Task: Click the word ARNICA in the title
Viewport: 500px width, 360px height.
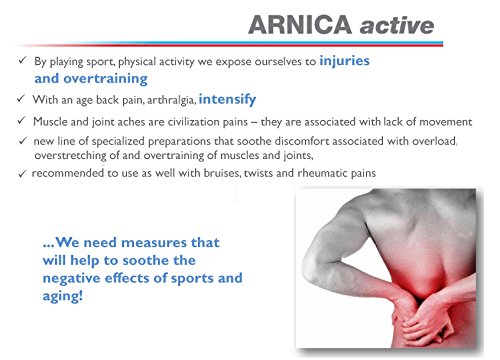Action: [300, 25]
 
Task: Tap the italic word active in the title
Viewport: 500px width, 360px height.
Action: [397, 26]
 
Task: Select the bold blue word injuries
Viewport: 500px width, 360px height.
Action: [344, 61]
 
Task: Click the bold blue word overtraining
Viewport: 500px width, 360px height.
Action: [105, 79]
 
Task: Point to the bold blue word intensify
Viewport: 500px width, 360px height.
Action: [227, 99]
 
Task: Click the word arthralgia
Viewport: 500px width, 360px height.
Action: [171, 100]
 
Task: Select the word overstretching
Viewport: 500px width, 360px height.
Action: [70, 156]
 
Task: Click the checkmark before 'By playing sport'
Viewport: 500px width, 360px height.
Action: [22, 60]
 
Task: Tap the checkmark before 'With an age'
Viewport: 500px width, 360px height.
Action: [21, 99]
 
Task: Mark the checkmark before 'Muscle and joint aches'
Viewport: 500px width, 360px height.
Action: [21, 121]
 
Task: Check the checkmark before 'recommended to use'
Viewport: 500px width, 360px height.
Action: [22, 174]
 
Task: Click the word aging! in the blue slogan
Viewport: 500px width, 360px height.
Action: [62, 296]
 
